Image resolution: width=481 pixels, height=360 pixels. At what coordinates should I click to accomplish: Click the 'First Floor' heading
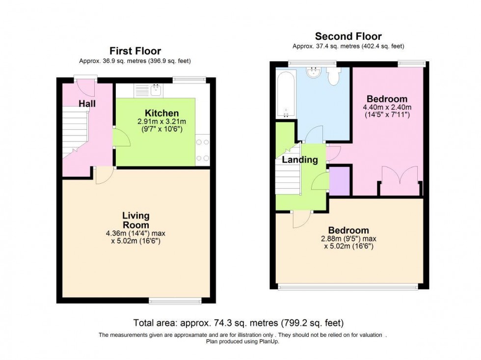(135, 51)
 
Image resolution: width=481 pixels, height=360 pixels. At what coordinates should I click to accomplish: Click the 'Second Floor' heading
(348, 36)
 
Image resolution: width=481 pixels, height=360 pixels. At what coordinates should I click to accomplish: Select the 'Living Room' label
(136, 220)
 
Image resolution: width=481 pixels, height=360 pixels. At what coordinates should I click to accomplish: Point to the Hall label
(87, 104)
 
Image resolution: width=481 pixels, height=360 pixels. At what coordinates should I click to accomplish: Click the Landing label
(299, 160)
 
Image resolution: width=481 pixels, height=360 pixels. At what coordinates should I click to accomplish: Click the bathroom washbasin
(313, 74)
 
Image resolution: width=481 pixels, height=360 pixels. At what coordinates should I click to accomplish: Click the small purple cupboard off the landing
(339, 181)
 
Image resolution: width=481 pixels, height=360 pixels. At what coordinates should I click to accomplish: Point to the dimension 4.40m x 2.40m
(387, 108)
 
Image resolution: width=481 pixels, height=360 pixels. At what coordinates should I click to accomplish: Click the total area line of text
(239, 323)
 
